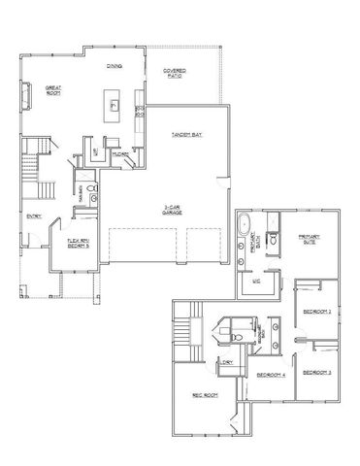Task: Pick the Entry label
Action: point(34,216)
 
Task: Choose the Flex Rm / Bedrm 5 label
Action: point(78,245)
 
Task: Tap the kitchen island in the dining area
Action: point(114,105)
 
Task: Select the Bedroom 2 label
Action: point(316,311)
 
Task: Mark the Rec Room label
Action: point(202,394)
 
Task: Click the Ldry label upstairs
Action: point(228,362)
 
